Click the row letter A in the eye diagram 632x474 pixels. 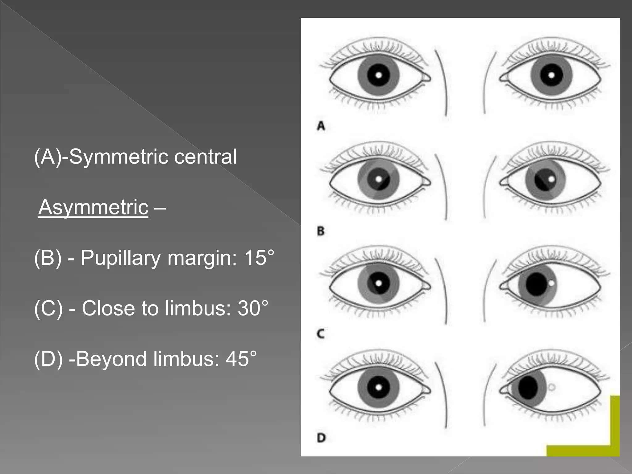pyautogui.click(x=321, y=126)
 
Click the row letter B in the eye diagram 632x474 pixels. pyautogui.click(x=321, y=231)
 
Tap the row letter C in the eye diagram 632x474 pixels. pyautogui.click(x=321, y=334)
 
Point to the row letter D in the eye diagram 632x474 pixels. pyautogui.click(x=321, y=438)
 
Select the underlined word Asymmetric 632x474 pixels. pyautogui.click(x=94, y=207)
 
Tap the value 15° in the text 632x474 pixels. pyautogui.click(x=259, y=258)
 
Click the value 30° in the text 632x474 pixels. pyautogui.click(x=253, y=308)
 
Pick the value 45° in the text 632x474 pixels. pyautogui.click(x=241, y=359)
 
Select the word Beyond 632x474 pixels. pyautogui.click(x=111, y=359)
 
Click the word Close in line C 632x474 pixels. pyautogui.click(x=108, y=308)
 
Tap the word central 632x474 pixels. pyautogui.click(x=205, y=157)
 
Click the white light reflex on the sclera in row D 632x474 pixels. pyautogui.click(x=551, y=387)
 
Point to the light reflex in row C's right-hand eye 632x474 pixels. pyautogui.click(x=551, y=282)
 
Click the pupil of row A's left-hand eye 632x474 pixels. pyautogui.click(x=379, y=75)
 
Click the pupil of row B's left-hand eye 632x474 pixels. pyautogui.click(x=379, y=179)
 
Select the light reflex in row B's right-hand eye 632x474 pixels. pyautogui.click(x=551, y=179)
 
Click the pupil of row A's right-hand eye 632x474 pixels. pyautogui.click(x=551, y=75)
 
